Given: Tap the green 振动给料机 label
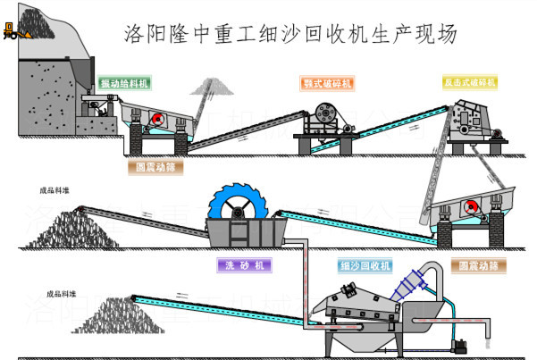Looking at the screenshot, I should point(124,83).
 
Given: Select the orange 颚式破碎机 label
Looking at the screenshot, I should point(327,84).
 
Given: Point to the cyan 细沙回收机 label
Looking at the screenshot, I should point(365,266).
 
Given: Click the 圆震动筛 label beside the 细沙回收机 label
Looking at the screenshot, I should point(478,265).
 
